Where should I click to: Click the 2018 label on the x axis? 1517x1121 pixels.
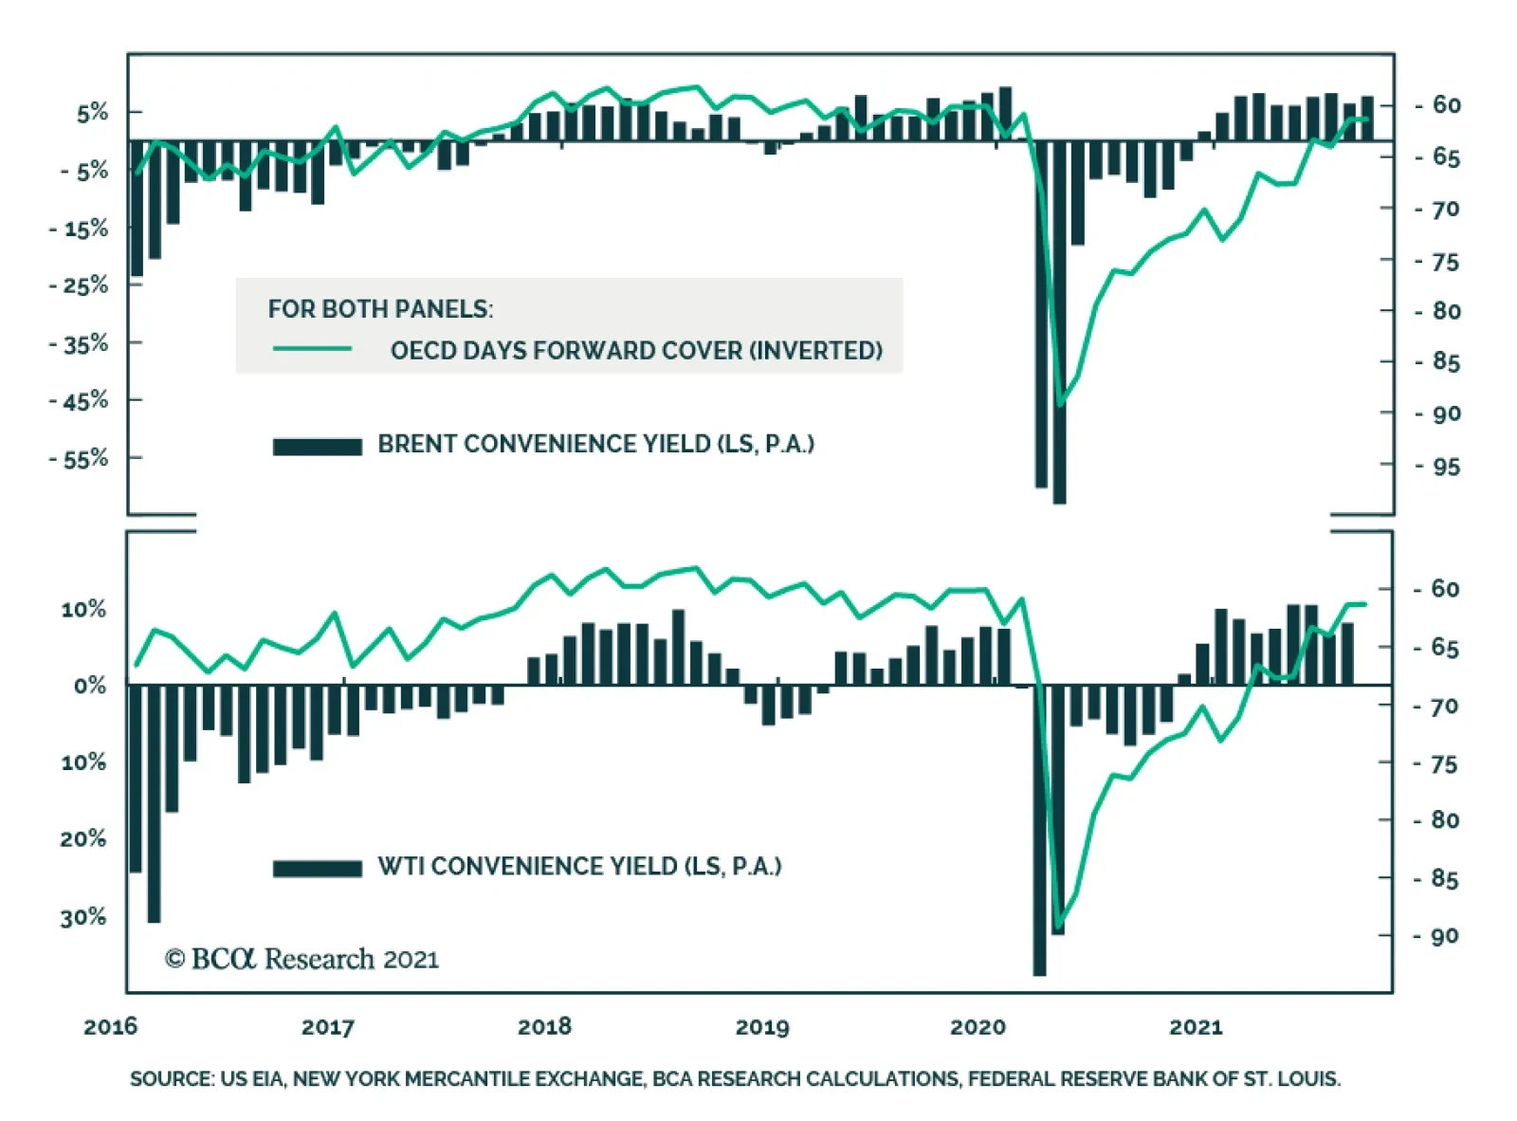tap(544, 1026)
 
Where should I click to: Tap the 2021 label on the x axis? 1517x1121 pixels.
tap(1196, 1026)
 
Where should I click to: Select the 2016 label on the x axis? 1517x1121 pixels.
tap(110, 1026)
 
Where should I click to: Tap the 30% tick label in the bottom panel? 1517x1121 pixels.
tap(83, 917)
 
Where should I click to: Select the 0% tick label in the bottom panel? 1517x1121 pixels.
tap(89, 686)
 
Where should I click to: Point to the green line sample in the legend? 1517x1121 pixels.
tap(312, 349)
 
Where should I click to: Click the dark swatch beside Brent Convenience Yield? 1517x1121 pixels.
tap(317, 447)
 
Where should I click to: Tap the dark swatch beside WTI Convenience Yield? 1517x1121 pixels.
tap(317, 869)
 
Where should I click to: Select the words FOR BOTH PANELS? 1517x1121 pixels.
tap(380, 309)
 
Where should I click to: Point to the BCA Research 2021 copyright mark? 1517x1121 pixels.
tap(302, 959)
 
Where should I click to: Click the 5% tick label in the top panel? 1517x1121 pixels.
tap(93, 113)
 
